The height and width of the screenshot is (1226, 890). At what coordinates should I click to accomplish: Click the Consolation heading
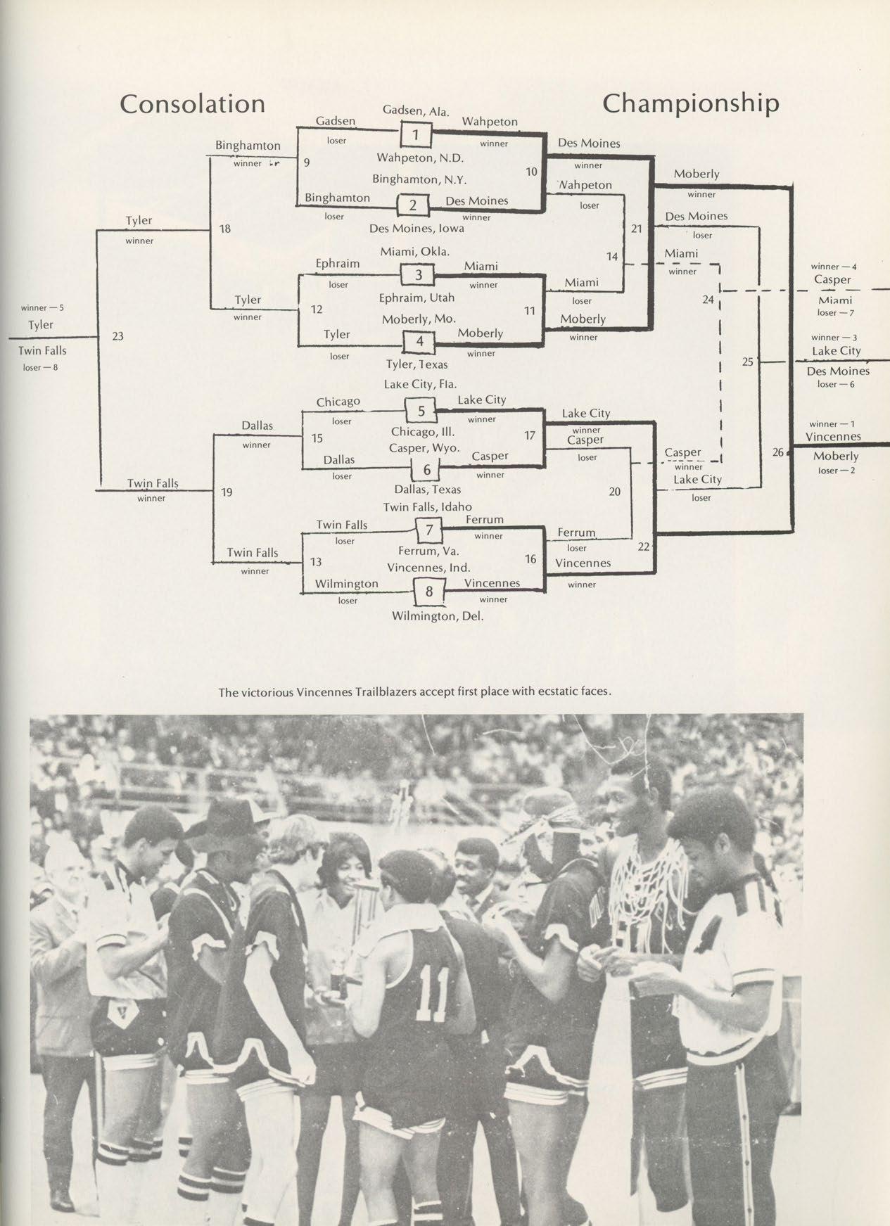(x=192, y=104)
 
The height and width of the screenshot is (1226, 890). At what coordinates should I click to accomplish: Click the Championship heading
(x=691, y=103)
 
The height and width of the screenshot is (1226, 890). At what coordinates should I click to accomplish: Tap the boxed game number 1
(x=415, y=134)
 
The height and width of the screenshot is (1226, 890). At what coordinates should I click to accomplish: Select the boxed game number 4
(x=419, y=342)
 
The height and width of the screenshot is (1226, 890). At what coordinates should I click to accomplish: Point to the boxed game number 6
(x=426, y=469)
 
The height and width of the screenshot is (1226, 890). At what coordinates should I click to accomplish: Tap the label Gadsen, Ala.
(x=416, y=111)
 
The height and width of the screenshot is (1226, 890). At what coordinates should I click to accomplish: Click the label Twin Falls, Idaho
(x=427, y=506)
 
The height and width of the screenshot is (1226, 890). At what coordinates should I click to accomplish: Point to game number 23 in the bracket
(x=117, y=336)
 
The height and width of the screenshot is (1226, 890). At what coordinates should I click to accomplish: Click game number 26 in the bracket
(x=777, y=452)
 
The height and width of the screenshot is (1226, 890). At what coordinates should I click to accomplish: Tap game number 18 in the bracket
(x=226, y=229)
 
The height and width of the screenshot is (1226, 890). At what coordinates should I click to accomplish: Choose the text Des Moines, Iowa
(x=417, y=228)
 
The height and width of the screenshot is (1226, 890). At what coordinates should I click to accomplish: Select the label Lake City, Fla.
(x=420, y=384)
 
